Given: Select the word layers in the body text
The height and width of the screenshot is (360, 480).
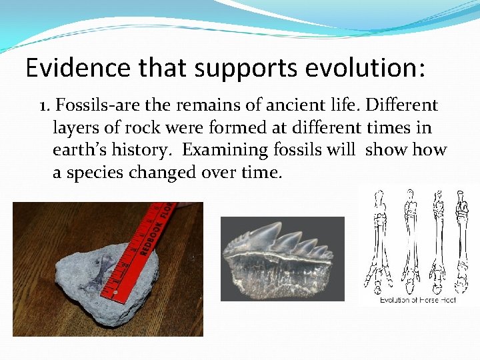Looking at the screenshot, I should (74, 128).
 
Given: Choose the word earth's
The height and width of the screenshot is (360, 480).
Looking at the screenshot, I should (81, 150).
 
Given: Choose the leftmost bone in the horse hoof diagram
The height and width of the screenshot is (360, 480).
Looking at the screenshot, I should (377, 240).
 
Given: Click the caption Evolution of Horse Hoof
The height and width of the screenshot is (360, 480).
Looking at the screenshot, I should (417, 300).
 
